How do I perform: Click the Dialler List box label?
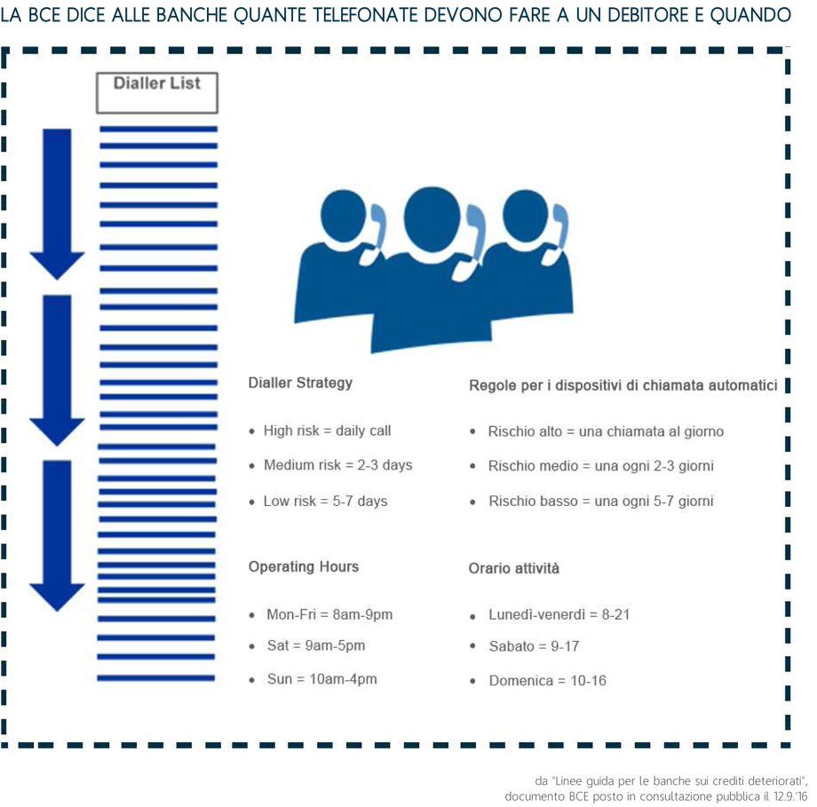[156, 84]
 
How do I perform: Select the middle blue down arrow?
[58, 368]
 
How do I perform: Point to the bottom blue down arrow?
[58, 534]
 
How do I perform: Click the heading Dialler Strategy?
[300, 383]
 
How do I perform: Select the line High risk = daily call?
[327, 431]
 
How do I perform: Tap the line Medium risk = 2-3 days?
[337, 465]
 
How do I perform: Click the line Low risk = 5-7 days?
[325, 502]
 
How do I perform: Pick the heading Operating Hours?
[304, 566]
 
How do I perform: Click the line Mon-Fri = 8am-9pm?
[329, 614]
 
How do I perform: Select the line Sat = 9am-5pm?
[315, 646]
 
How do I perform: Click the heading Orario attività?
[514, 568]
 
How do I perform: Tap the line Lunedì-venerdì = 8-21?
[559, 614]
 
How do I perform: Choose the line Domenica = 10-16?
[547, 681]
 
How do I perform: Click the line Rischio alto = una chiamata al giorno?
[606, 431]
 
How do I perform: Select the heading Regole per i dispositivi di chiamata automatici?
[623, 385]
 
